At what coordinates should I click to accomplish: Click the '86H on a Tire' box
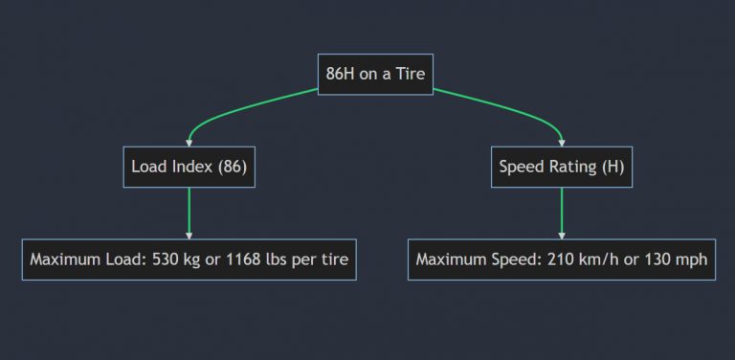pyautogui.click(x=375, y=74)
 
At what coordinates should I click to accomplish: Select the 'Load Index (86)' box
pyautogui.click(x=189, y=167)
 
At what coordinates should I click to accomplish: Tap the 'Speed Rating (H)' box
pyautogui.click(x=561, y=167)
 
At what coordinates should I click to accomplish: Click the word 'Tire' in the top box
pyautogui.click(x=410, y=74)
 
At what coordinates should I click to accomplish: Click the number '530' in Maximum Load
pyautogui.click(x=168, y=259)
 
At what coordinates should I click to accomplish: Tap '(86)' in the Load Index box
pyautogui.click(x=231, y=167)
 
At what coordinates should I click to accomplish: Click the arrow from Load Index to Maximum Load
pyautogui.click(x=189, y=213)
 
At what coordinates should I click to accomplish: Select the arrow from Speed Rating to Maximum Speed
pyautogui.click(x=561, y=213)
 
